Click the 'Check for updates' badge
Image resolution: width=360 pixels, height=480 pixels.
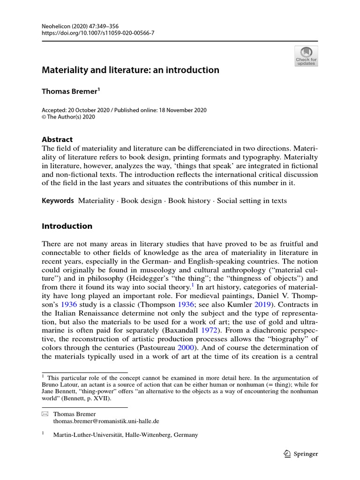(306, 56)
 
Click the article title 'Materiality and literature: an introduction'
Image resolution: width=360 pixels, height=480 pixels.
(131, 70)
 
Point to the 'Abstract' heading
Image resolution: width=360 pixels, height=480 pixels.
(57, 139)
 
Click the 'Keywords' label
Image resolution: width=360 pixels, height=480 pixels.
(58, 201)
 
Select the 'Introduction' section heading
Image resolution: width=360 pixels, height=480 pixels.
(67, 226)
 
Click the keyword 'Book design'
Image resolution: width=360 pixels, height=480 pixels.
(141, 201)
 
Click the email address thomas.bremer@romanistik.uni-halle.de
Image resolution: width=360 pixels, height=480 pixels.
(106, 421)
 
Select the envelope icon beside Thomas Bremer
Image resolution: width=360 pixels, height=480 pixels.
(45, 414)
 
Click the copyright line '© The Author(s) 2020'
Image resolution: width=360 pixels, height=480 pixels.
(68, 117)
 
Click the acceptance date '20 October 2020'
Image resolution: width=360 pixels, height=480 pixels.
(90, 110)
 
